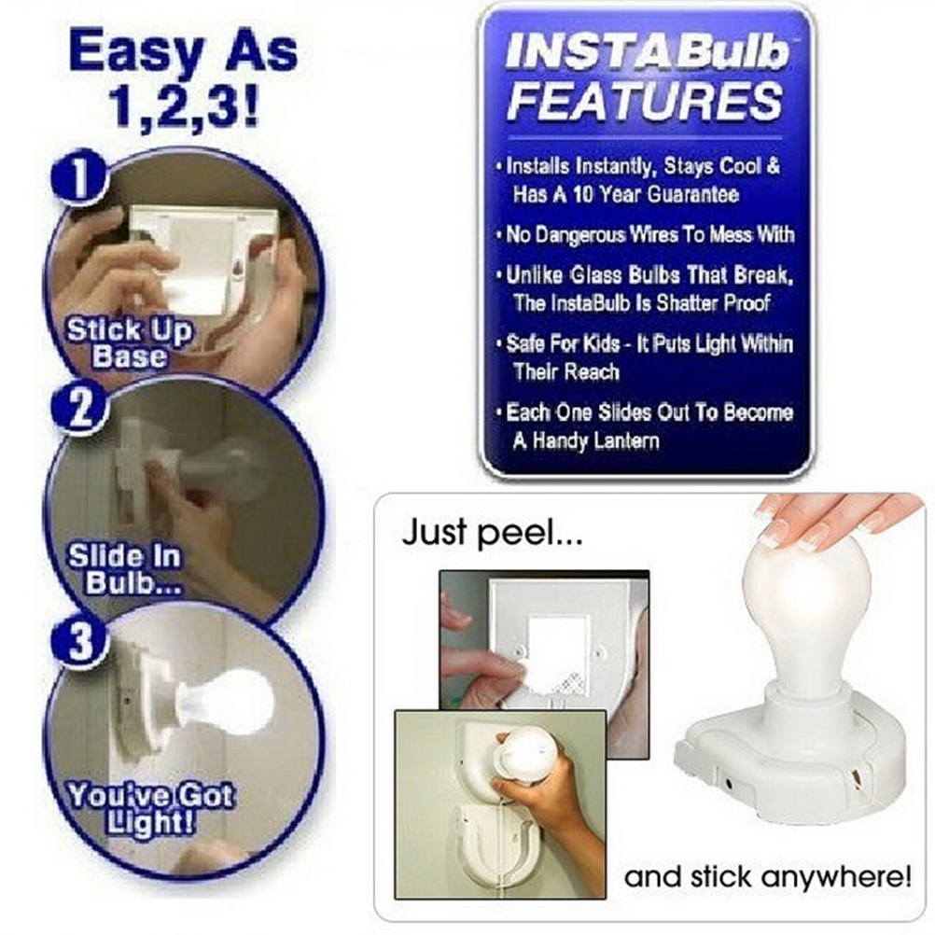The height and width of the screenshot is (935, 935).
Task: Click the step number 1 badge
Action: (79, 177)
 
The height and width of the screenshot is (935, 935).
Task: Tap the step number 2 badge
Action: (80, 408)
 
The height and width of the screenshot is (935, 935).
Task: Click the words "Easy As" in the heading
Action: (183, 52)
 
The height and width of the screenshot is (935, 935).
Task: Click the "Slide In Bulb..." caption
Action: (125, 569)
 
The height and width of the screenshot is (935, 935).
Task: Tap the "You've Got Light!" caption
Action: (150, 809)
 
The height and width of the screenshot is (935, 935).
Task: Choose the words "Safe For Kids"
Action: (554, 344)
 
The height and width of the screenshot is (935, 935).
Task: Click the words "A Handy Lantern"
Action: (586, 441)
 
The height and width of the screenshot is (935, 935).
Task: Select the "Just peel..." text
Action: (492, 532)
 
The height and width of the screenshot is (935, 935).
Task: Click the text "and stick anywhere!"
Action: (767, 877)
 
